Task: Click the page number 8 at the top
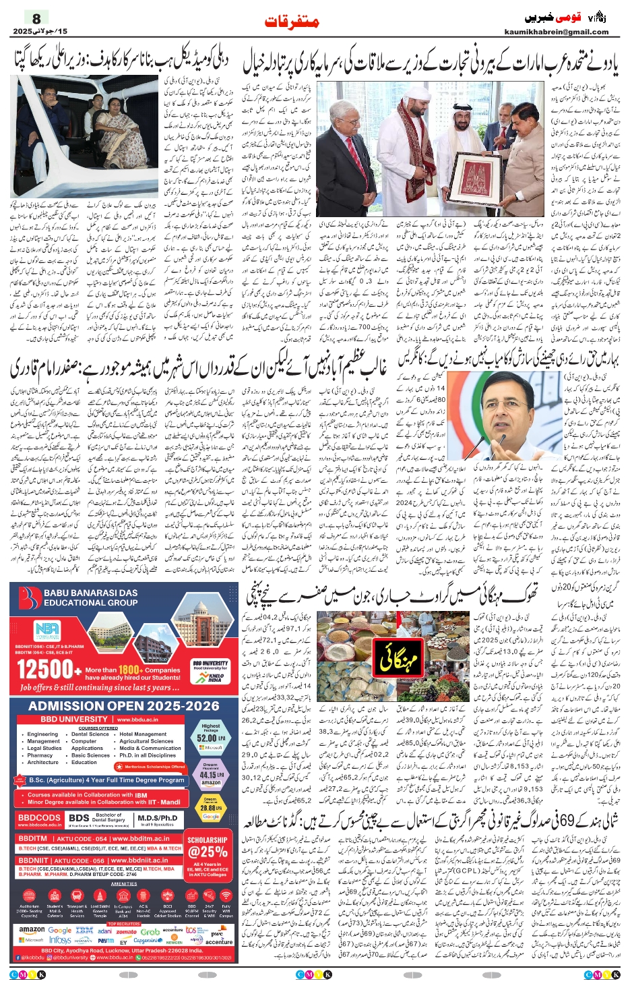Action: click(36, 18)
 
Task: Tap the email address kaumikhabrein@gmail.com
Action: click(556, 32)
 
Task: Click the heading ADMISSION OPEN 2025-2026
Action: click(124, 706)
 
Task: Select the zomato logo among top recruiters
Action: click(127, 931)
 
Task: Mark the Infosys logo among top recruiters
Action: click(60, 940)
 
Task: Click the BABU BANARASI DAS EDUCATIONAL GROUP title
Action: click(91, 597)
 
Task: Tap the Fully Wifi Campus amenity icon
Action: click(226, 908)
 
